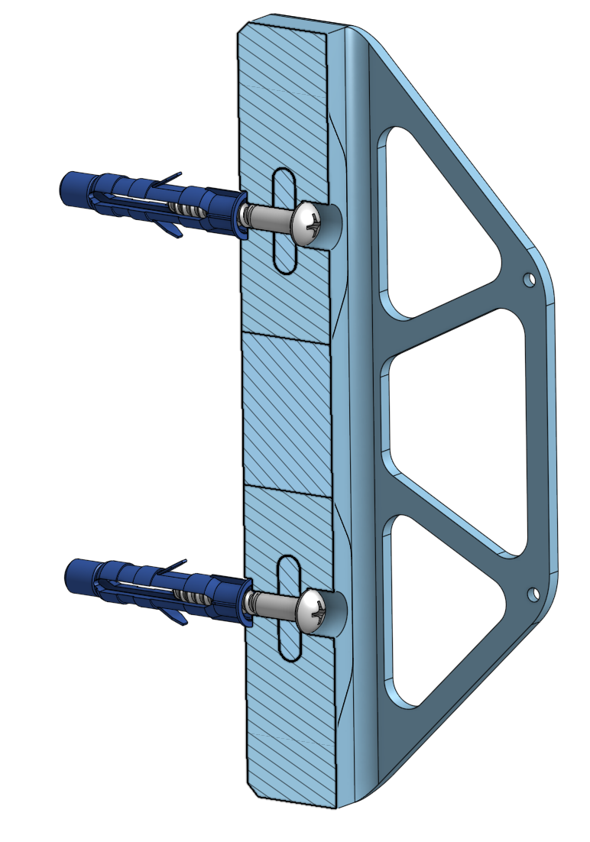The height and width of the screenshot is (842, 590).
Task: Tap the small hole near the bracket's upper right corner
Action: pyautogui.click(x=527, y=280)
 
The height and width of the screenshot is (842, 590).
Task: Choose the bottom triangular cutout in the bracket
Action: pyautogui.click(x=436, y=604)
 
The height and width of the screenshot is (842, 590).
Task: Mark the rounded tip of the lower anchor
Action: pyautogui.click(x=73, y=574)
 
